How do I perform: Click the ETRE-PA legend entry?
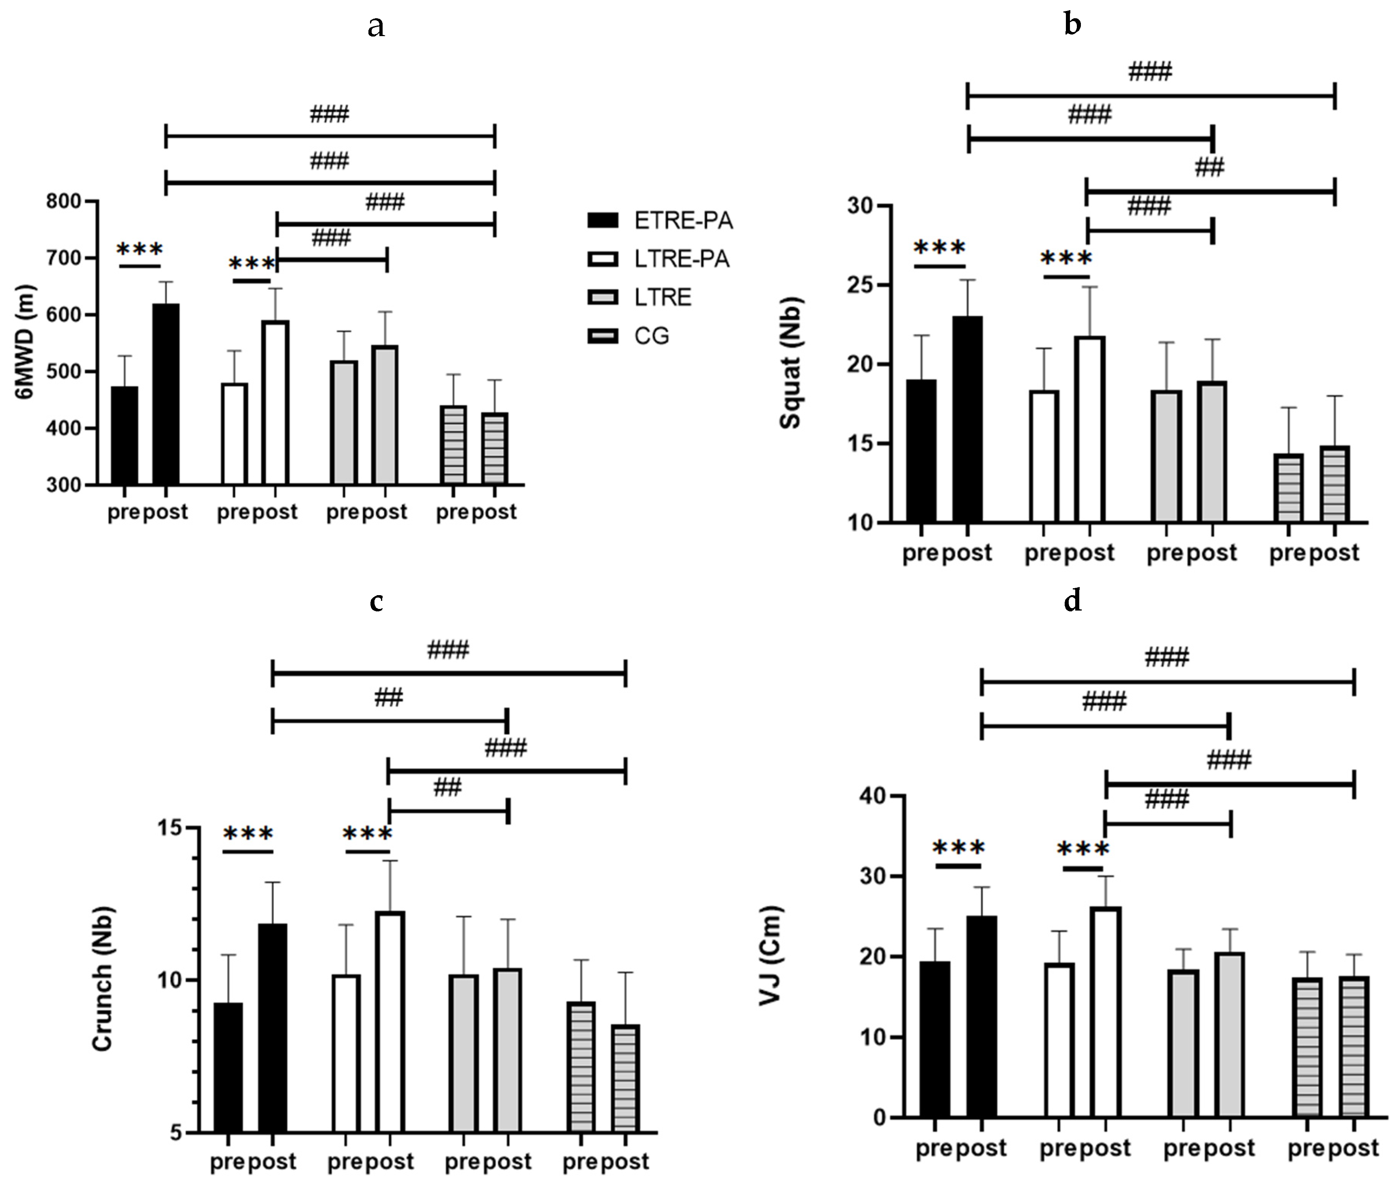click(x=660, y=221)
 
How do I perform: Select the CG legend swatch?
click(x=602, y=336)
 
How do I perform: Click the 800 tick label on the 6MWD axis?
click(x=64, y=201)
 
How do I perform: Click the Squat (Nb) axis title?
click(x=791, y=363)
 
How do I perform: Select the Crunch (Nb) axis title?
click(x=101, y=979)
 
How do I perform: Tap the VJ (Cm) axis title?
click(x=771, y=956)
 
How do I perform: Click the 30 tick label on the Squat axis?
click(x=861, y=205)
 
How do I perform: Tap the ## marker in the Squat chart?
click(x=1209, y=167)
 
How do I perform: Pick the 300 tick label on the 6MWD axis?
click(x=64, y=485)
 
